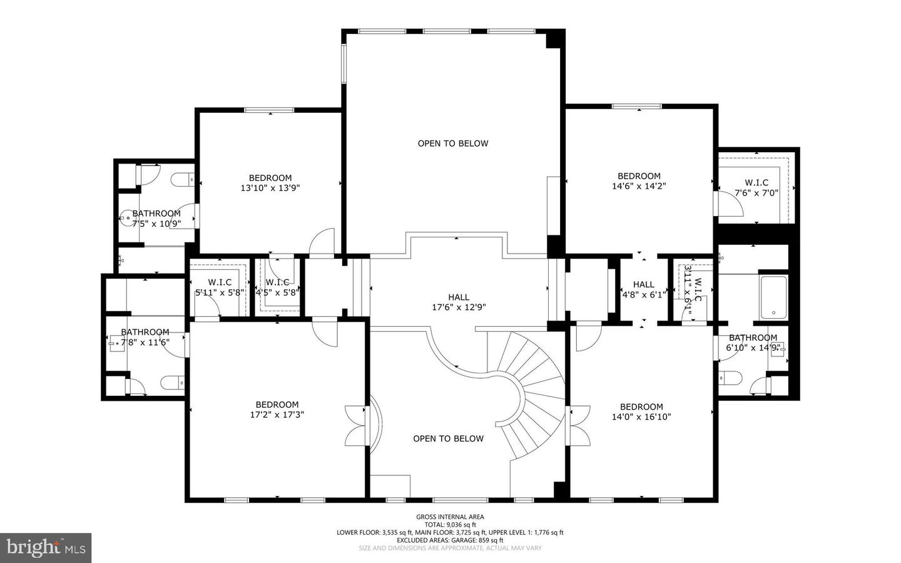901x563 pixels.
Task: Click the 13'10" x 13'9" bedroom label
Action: point(270,183)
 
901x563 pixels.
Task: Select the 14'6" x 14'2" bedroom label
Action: point(639,181)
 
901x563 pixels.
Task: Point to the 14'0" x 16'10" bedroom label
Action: point(641,411)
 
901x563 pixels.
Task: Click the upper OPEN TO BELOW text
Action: point(453,143)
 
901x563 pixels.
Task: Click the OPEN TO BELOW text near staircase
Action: point(448,438)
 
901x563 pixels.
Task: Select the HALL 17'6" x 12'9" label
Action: point(459,302)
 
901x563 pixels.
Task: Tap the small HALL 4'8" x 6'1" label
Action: point(643,289)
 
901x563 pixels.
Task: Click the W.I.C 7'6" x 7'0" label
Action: point(756,188)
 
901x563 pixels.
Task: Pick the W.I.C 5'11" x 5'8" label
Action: point(220,287)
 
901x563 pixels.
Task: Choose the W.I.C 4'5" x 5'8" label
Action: point(277,287)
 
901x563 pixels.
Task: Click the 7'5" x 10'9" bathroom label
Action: point(156,218)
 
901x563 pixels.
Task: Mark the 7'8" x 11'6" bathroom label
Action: point(145,337)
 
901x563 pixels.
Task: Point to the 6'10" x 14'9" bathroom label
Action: point(753,343)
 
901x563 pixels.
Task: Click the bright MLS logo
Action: point(46,547)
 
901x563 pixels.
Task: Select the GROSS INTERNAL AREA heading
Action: point(450,517)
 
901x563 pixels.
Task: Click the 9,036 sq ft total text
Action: point(450,525)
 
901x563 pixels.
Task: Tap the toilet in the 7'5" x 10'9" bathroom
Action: point(185,180)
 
